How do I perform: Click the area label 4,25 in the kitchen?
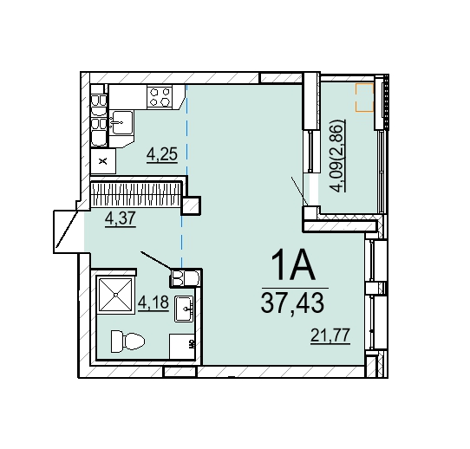click(x=162, y=154)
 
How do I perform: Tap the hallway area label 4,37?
click(x=121, y=218)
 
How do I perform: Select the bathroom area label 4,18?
click(x=153, y=303)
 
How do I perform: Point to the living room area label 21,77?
click(x=330, y=335)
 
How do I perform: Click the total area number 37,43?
click(x=292, y=303)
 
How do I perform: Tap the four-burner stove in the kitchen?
click(x=160, y=96)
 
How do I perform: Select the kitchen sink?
click(x=121, y=122)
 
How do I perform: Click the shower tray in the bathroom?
click(x=115, y=295)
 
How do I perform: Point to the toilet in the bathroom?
click(x=127, y=342)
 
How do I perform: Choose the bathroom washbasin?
click(x=184, y=309)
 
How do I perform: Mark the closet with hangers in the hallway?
click(x=136, y=194)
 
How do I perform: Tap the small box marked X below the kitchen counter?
click(x=103, y=161)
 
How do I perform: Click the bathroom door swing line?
click(x=156, y=260)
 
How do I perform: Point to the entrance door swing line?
click(x=67, y=230)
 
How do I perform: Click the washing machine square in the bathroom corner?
click(x=182, y=347)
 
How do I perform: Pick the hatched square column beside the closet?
click(x=191, y=205)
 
